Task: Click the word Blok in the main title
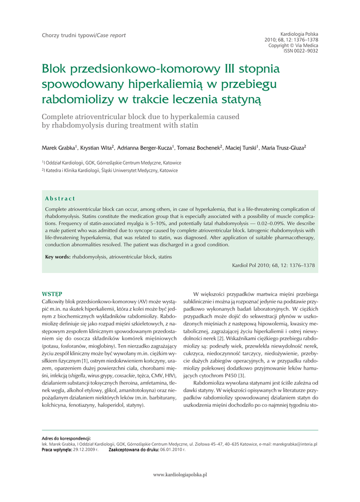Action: [56, 69]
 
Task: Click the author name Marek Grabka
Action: [58, 147]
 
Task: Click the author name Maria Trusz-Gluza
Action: [284, 147]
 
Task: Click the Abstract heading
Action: [60, 199]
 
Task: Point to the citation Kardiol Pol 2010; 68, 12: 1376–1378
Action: [273, 265]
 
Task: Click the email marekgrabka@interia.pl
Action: [294, 444]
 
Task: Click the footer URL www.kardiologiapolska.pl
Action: [180, 475]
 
